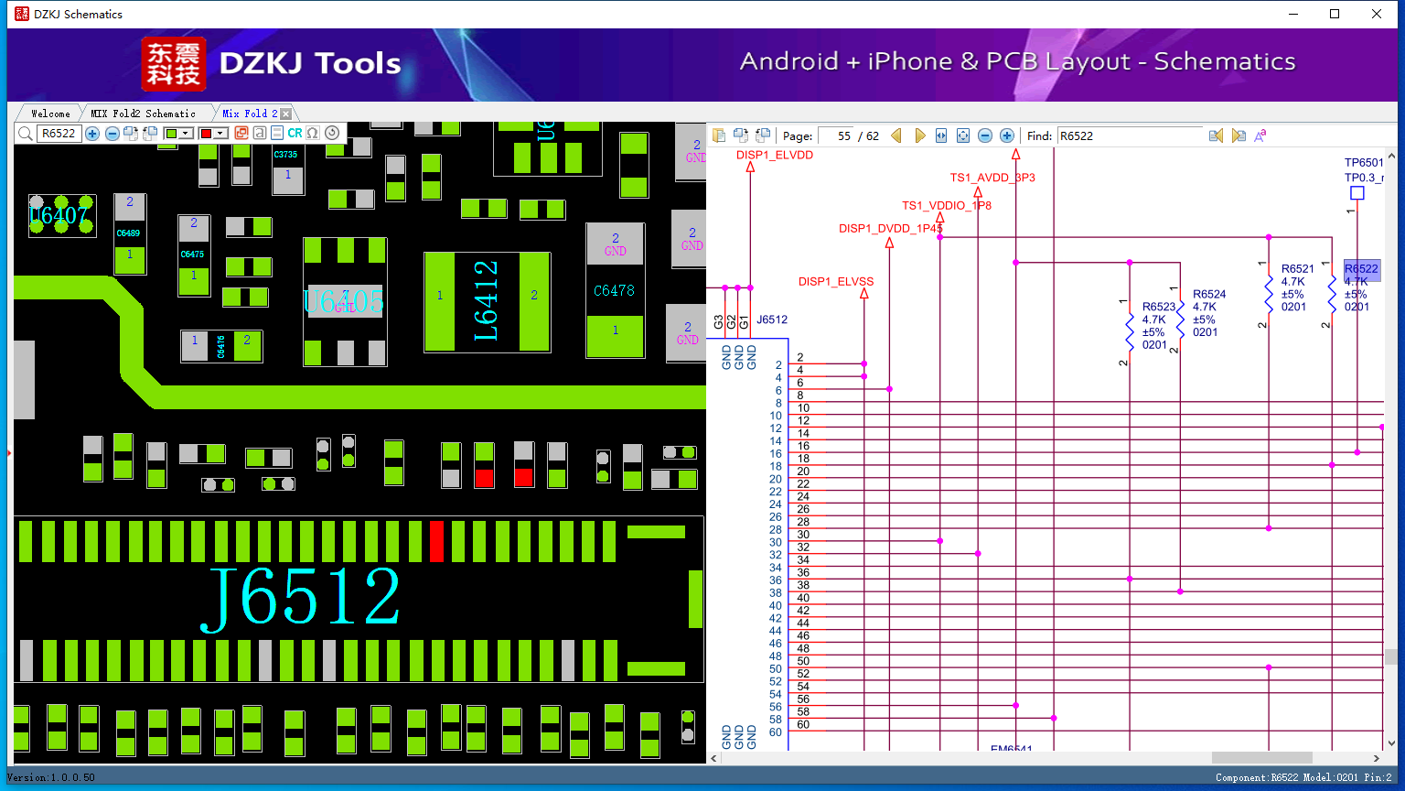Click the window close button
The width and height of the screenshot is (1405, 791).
click(1377, 14)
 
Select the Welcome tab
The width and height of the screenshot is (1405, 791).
click(50, 114)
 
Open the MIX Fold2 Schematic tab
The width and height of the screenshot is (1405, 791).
click(143, 114)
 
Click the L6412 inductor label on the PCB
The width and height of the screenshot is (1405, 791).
click(486, 300)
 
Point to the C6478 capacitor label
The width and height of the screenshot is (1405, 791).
click(614, 290)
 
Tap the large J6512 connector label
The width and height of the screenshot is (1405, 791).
click(300, 597)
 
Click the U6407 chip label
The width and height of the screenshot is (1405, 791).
click(59, 215)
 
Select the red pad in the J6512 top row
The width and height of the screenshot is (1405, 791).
click(436, 541)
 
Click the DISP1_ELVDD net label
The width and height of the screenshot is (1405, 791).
click(774, 155)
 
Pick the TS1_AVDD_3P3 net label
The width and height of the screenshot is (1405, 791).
click(992, 178)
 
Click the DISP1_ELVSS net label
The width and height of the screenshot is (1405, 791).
click(835, 281)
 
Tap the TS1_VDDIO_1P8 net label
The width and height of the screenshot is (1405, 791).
click(946, 205)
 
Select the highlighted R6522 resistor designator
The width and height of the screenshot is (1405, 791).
click(1360, 269)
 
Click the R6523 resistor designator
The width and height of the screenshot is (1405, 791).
click(1158, 307)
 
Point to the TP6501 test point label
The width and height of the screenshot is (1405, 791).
click(1363, 163)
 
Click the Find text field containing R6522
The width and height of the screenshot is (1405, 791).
click(1129, 135)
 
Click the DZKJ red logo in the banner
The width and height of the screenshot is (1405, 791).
click(173, 64)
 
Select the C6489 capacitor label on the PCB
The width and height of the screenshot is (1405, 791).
click(128, 233)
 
